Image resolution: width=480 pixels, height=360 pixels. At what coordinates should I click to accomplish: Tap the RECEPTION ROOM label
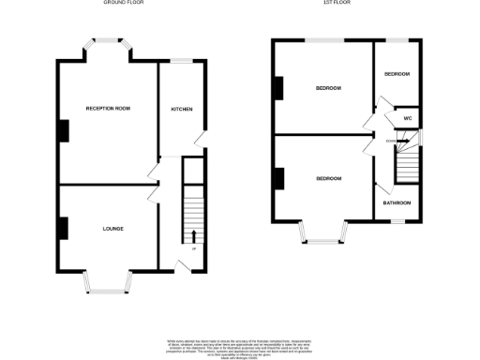pos(108,109)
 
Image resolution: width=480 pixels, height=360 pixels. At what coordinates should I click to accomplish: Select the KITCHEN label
pos(181,110)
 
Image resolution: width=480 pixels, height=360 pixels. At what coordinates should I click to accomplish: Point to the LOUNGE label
pos(112,228)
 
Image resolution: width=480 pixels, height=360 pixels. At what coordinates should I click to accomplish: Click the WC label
pos(407,119)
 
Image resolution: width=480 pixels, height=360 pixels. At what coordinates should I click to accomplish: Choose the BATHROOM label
pos(397,202)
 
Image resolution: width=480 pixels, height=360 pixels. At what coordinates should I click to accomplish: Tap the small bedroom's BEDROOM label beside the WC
pos(397,74)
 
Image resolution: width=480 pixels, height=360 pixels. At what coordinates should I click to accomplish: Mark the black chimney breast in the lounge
pos(62,228)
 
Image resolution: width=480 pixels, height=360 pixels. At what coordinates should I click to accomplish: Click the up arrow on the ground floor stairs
pos(193,235)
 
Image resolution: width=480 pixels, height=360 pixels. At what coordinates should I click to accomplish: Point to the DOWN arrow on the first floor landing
pos(400,141)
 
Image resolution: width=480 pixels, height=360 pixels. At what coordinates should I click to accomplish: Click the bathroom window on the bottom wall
pos(397,222)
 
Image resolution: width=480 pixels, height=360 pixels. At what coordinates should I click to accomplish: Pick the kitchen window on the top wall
pos(180,62)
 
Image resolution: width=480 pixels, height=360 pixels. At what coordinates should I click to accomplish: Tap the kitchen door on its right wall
pos(200,140)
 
